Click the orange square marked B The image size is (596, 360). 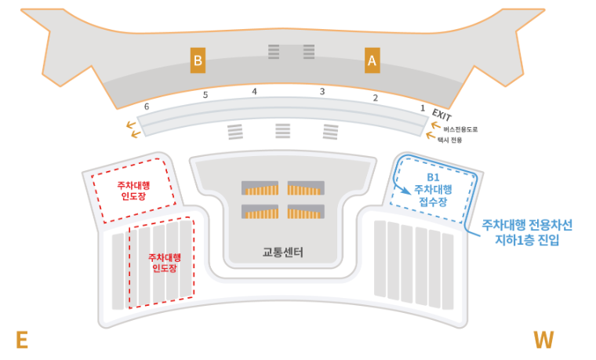click(198, 60)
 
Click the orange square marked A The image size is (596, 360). click(372, 60)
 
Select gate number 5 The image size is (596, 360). click(205, 96)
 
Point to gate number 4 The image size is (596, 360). click(254, 92)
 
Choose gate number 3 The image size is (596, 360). click(322, 92)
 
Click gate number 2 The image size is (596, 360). click(375, 98)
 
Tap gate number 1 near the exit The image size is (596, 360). click(423, 107)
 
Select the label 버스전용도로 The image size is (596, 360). click(460, 129)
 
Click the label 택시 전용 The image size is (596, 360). click(452, 140)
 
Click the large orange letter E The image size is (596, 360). click(22, 340)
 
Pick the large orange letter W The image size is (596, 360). click(543, 340)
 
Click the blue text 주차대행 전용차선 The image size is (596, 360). click(527, 225)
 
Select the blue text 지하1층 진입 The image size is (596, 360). click(527, 240)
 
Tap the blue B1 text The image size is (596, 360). click(433, 177)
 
